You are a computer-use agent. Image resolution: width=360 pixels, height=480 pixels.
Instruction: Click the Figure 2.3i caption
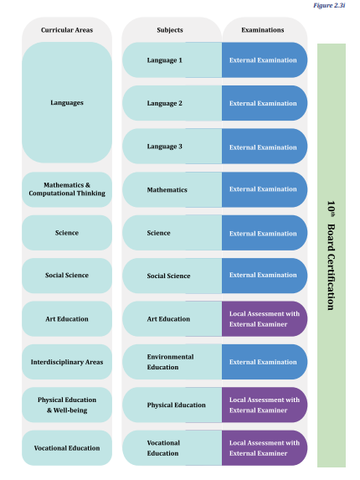[x=329, y=6]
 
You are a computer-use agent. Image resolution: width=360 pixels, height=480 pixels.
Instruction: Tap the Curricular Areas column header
[x=67, y=30]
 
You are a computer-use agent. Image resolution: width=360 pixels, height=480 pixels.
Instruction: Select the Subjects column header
[x=170, y=30]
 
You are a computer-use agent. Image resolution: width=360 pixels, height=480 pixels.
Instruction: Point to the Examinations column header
[x=262, y=30]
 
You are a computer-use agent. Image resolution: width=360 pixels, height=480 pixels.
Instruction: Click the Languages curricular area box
[x=67, y=102]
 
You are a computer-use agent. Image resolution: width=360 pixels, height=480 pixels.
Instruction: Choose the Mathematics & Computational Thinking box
[x=67, y=189]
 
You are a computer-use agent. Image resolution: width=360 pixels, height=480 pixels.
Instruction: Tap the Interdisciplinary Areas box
[x=67, y=362]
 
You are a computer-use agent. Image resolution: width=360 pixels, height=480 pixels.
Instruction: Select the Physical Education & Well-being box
[x=67, y=405]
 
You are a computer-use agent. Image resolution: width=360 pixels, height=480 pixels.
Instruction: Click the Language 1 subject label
[x=165, y=60]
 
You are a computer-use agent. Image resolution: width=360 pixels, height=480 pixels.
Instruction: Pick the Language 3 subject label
[x=165, y=147]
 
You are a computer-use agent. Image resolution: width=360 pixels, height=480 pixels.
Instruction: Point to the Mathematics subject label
[x=167, y=190]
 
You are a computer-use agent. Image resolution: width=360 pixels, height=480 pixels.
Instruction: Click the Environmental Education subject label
[x=170, y=362]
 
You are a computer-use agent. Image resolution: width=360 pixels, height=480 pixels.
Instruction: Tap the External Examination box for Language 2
[x=265, y=103]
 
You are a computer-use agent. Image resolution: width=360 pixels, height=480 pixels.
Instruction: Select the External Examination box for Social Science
[x=265, y=276]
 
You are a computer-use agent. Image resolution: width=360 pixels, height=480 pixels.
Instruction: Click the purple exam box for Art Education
[x=265, y=318]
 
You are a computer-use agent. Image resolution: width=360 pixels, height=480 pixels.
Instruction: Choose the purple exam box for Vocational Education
[x=265, y=448]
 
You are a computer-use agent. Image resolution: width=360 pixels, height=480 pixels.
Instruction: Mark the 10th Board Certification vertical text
[x=331, y=255]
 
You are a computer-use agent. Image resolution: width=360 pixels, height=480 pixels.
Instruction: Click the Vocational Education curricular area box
[x=67, y=448]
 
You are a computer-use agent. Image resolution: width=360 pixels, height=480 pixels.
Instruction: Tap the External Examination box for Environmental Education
[x=265, y=362]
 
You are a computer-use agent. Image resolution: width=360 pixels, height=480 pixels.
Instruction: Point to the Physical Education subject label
[x=176, y=405]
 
